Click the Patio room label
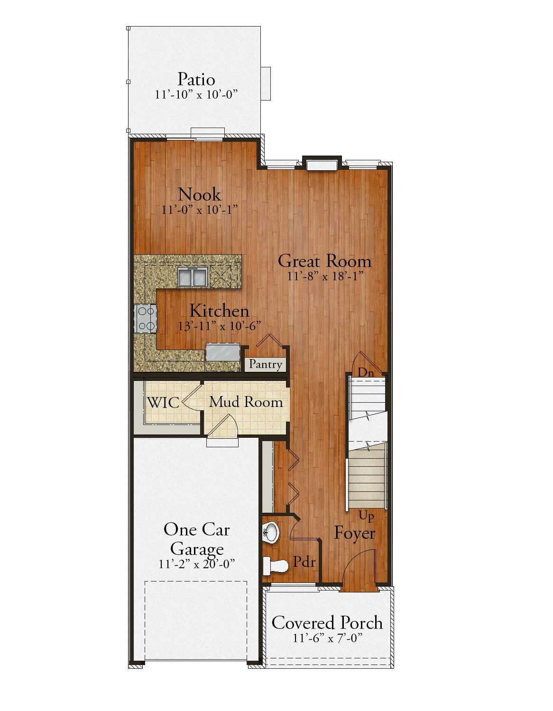pyautogui.click(x=196, y=79)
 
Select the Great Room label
pyautogui.click(x=324, y=261)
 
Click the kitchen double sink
pyautogui.click(x=192, y=277)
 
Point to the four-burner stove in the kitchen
pyautogui.click(x=146, y=318)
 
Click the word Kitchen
pyautogui.click(x=219, y=311)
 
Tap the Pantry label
pyautogui.click(x=266, y=364)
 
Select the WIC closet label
pyautogui.click(x=163, y=403)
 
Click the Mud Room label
pyautogui.click(x=246, y=402)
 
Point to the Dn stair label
pyautogui.click(x=366, y=373)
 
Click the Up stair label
pyautogui.click(x=366, y=516)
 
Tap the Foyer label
pyautogui.click(x=354, y=533)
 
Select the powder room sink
pyautogui.click(x=271, y=532)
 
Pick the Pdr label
pyautogui.click(x=304, y=562)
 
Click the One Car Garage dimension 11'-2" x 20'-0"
pyautogui.click(x=197, y=564)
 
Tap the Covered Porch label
pyautogui.click(x=327, y=623)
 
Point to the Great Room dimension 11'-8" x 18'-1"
pyautogui.click(x=325, y=276)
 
